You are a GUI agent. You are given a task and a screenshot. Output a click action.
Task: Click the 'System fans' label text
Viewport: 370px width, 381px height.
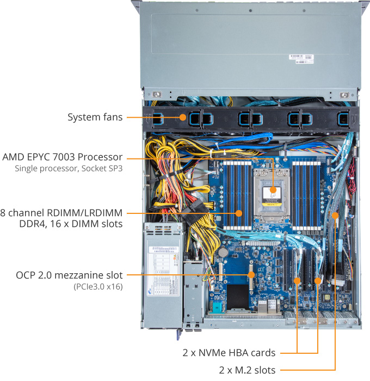pyautogui.click(x=95, y=117)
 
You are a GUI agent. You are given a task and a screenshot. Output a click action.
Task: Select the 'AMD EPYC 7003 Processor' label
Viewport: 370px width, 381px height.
pyautogui.click(x=63, y=157)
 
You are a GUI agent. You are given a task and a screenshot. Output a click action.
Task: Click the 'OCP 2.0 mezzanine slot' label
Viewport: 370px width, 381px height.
pyautogui.click(x=69, y=275)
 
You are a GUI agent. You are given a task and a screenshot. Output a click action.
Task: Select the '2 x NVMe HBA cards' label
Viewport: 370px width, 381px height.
pyautogui.click(x=229, y=352)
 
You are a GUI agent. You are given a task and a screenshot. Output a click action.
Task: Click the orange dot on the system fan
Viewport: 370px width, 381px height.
pyautogui.click(x=182, y=116)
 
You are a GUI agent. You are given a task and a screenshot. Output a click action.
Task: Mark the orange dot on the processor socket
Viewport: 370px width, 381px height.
pyautogui.click(x=273, y=191)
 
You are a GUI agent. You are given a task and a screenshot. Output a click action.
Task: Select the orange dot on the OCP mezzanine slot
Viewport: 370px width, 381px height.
pyautogui.click(x=251, y=275)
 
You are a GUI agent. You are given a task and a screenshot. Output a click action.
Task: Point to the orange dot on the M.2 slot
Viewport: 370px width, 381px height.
pyautogui.click(x=336, y=216)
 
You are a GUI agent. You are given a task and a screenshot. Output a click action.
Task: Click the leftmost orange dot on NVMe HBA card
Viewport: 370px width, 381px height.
pyautogui.click(x=298, y=281)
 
